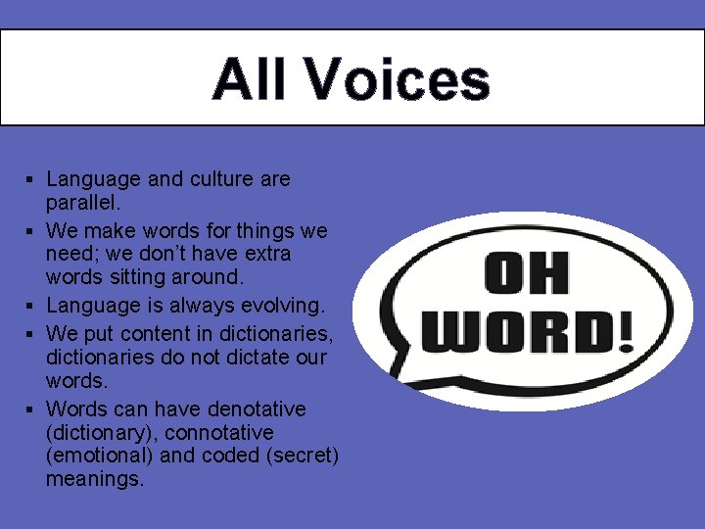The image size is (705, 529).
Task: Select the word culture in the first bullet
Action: point(215,179)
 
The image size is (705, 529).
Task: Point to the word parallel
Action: point(82,203)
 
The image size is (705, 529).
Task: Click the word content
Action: point(161,334)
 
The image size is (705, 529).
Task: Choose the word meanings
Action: point(94,479)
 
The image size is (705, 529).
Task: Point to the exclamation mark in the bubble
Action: point(624,333)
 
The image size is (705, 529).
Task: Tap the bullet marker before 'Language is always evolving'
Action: point(31,307)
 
